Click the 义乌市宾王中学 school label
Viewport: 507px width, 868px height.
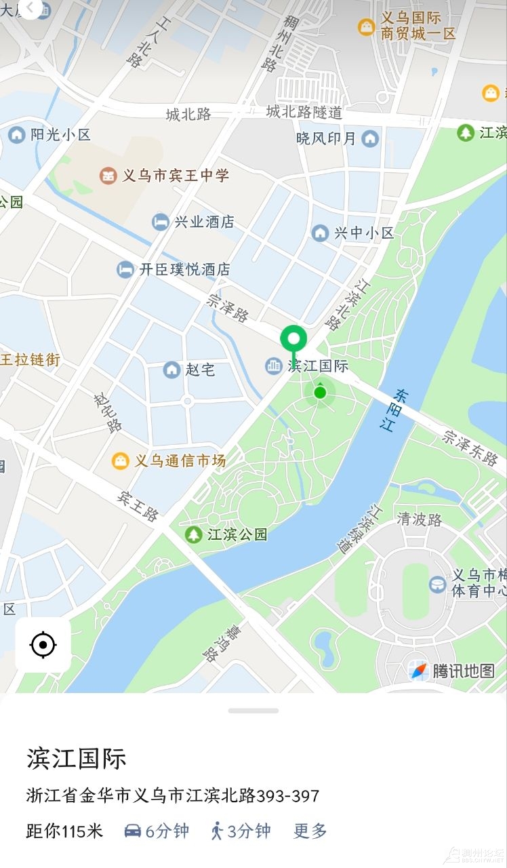coord(176,176)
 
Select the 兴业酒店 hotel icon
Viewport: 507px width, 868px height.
coord(160,222)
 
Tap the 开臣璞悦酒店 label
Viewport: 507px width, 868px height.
coord(184,269)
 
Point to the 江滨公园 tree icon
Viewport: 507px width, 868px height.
coord(194,534)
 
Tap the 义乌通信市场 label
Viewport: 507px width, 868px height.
coord(180,461)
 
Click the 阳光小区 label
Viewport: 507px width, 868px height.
coord(60,135)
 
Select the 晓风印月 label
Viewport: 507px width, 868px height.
coord(326,138)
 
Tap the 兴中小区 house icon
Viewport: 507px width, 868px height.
coord(320,233)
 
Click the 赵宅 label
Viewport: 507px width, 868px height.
coord(200,370)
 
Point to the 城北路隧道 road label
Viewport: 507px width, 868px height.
coord(304,112)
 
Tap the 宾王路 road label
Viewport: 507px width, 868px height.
coord(138,506)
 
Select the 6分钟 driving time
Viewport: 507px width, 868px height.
coord(157,831)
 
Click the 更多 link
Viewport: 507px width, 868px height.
coord(310,831)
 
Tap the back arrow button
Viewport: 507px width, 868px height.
coord(31,7)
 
